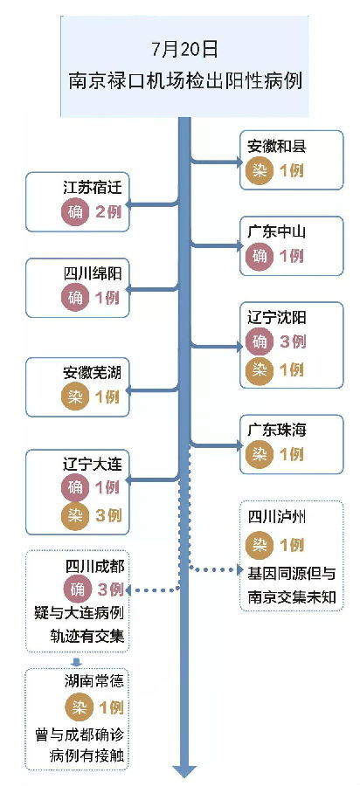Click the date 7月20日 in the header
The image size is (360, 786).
[x=185, y=50]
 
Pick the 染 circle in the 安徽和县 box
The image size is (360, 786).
[x=260, y=170]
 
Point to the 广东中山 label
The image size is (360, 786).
[x=276, y=231]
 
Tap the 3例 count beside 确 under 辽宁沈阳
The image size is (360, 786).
[x=292, y=341]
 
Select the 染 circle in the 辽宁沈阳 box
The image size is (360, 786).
[x=260, y=370]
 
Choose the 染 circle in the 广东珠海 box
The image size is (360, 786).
[x=260, y=454]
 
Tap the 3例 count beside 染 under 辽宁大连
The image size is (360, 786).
[x=108, y=515]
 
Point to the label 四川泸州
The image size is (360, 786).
[x=276, y=516]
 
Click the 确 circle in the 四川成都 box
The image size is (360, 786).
[x=77, y=589]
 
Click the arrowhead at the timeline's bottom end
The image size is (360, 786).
[x=185, y=770]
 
